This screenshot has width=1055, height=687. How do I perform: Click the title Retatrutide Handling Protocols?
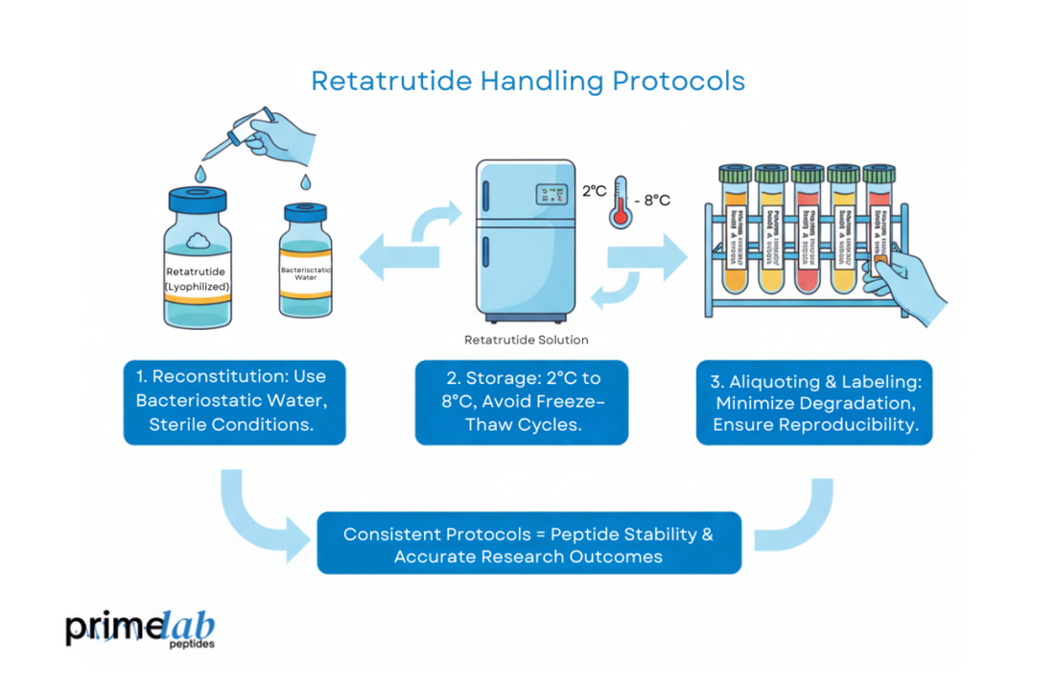point(527,80)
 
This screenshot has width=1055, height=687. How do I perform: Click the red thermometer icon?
point(621,201)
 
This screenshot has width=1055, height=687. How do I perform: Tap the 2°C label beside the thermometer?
point(594,191)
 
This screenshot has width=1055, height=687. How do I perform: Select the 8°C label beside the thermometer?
point(655,200)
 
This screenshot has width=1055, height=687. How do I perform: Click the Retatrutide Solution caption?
point(526,340)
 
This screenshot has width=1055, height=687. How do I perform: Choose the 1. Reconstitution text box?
point(234,400)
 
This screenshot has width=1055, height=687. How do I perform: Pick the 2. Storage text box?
point(522,401)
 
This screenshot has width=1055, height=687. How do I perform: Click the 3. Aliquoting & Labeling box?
point(813,401)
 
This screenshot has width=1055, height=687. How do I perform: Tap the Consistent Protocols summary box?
point(528,543)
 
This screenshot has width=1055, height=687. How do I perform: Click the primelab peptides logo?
point(140,628)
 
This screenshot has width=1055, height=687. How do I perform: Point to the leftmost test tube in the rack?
point(736,230)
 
